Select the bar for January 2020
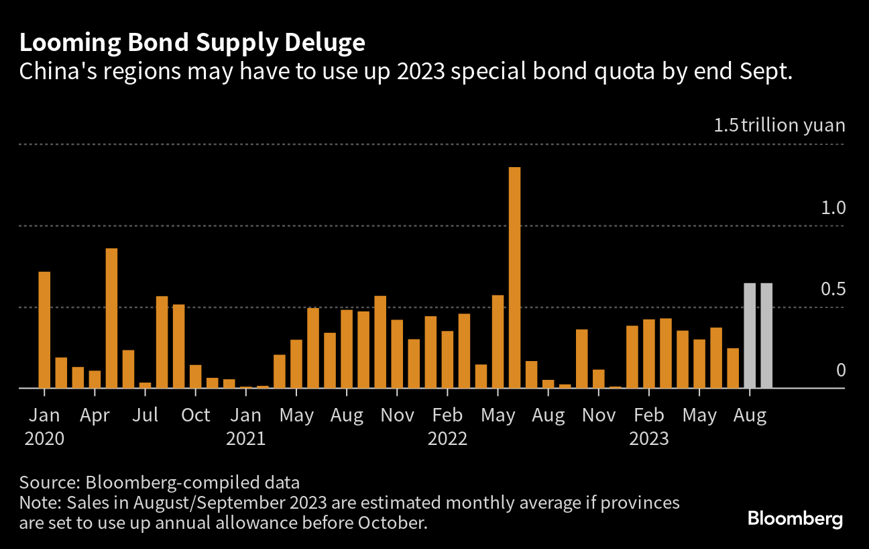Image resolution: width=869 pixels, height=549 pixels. [x=44, y=330]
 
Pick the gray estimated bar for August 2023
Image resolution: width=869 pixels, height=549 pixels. [x=750, y=336]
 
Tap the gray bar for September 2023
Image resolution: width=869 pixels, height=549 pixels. [x=766, y=336]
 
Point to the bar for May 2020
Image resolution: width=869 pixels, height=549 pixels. [x=111, y=318]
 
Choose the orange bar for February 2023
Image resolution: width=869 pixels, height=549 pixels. [x=649, y=354]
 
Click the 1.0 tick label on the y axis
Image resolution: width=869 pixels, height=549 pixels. [x=834, y=207]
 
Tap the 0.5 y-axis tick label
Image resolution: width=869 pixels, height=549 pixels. [x=834, y=289]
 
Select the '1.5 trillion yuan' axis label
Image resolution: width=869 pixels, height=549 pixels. [x=779, y=126]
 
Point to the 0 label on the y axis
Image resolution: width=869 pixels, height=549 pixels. [x=841, y=370]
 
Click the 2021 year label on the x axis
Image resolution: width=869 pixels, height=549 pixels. [x=245, y=439]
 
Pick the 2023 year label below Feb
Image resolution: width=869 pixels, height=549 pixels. [x=648, y=439]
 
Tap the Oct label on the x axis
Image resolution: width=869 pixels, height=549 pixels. [x=196, y=415]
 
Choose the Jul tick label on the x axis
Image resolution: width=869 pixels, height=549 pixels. [x=145, y=415]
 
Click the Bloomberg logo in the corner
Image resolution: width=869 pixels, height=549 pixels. [x=795, y=519]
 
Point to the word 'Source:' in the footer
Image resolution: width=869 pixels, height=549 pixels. [x=50, y=482]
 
